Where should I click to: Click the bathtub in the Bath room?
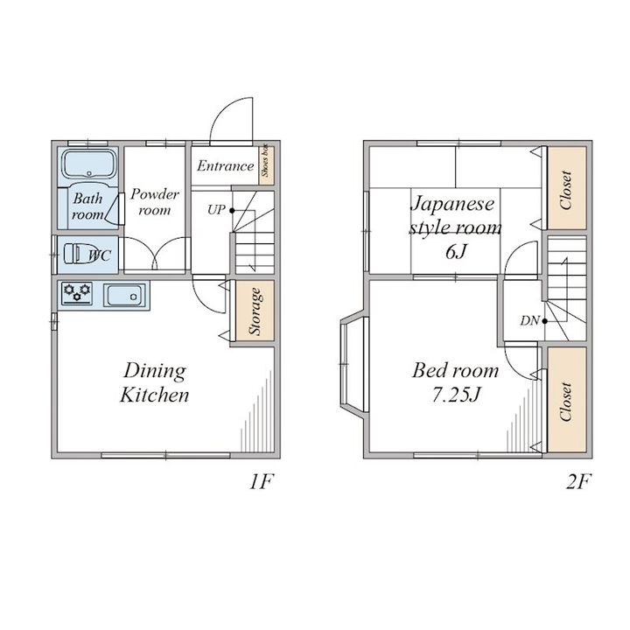(88, 164)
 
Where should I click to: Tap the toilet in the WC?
(80, 254)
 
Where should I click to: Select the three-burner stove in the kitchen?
(77, 293)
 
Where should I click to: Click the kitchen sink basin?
(124, 296)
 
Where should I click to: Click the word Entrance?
(225, 166)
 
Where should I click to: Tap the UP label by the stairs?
(216, 210)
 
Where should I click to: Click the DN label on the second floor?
(529, 320)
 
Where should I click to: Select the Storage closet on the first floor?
(255, 311)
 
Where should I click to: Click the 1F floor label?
(262, 482)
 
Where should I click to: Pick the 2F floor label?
(578, 482)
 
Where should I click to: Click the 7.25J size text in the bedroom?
(456, 395)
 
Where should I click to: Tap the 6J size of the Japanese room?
(456, 252)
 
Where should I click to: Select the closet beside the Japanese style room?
(566, 188)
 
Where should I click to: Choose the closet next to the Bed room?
(566, 400)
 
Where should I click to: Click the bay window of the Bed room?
(353, 364)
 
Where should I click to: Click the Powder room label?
(155, 202)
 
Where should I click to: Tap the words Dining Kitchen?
(155, 382)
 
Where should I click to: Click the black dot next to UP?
(232, 210)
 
